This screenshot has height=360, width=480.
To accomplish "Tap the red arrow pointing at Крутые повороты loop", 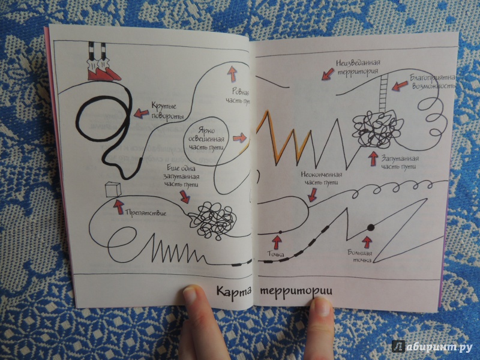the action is (x=142, y=113).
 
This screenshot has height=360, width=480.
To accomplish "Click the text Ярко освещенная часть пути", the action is (x=206, y=139).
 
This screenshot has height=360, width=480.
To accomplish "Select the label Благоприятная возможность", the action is (x=433, y=82).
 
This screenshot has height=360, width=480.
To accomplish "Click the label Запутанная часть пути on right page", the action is (x=400, y=163).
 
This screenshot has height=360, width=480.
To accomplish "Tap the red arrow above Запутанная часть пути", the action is (x=373, y=158).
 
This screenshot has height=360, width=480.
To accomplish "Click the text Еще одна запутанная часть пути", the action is (x=182, y=176).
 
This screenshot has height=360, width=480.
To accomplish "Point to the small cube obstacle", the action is (x=113, y=190).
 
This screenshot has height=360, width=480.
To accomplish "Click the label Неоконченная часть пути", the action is (x=321, y=178).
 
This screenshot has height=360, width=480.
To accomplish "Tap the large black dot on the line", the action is (x=371, y=227).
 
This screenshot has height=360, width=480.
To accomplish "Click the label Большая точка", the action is (x=361, y=256).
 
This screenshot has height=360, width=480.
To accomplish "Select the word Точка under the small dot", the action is (x=276, y=254).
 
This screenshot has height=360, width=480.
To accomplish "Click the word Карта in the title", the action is (x=233, y=290).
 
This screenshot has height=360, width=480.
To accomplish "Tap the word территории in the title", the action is (x=296, y=291).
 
